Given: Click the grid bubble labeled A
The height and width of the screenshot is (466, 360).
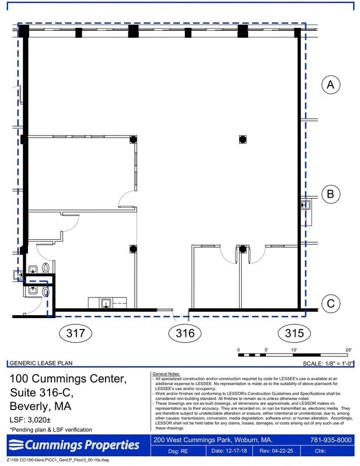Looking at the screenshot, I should click(x=330, y=85).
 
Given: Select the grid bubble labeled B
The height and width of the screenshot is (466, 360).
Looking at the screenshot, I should click(x=330, y=194).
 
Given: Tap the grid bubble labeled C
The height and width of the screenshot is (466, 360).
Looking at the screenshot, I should click(x=330, y=304).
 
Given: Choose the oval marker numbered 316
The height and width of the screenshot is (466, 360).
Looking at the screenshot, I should click(x=185, y=333).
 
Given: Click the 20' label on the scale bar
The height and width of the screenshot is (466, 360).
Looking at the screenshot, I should click(x=348, y=349).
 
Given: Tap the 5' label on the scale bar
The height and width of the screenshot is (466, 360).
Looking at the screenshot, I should click(x=266, y=349).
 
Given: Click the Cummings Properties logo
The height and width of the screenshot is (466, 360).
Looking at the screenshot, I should click(x=74, y=445).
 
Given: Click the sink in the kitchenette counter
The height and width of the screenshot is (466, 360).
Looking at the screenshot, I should click(x=106, y=303).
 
